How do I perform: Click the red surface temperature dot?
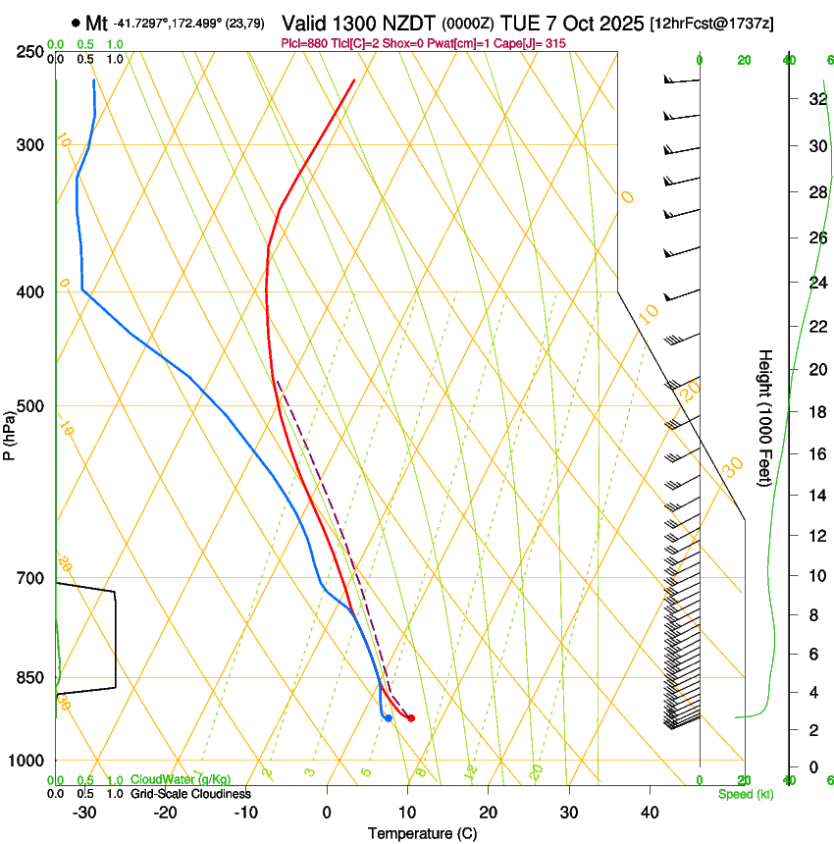[411, 718]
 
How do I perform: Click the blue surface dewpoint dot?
[389, 718]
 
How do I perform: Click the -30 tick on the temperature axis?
[84, 812]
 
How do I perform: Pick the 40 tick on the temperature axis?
[649, 812]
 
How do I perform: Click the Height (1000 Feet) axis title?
[765, 418]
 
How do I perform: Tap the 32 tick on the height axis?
[816, 99]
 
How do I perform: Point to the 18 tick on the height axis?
[816, 412]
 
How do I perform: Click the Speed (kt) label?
[745, 794]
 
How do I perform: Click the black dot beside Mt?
[76, 23]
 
